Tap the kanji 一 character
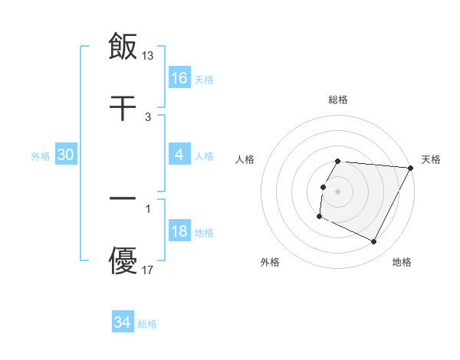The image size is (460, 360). (123, 197)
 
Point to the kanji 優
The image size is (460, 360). (123, 260)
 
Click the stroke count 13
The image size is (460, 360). (148, 55)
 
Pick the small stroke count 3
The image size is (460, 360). (148, 117)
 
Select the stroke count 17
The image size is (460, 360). (148, 270)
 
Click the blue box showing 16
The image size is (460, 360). (179, 78)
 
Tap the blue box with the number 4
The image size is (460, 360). (179, 155)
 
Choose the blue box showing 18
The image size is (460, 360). (179, 232)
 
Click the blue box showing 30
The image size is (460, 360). (66, 155)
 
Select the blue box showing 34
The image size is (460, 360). (123, 323)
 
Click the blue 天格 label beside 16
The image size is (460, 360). (204, 79)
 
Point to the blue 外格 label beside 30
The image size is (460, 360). (41, 156)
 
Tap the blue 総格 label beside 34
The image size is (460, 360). (147, 324)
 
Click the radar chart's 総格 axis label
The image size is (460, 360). (338, 100)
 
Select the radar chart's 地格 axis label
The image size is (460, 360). (402, 262)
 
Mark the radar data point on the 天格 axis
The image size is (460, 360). (411, 168)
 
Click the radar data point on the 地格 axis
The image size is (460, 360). (374, 242)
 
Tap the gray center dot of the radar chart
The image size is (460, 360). (338, 191)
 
